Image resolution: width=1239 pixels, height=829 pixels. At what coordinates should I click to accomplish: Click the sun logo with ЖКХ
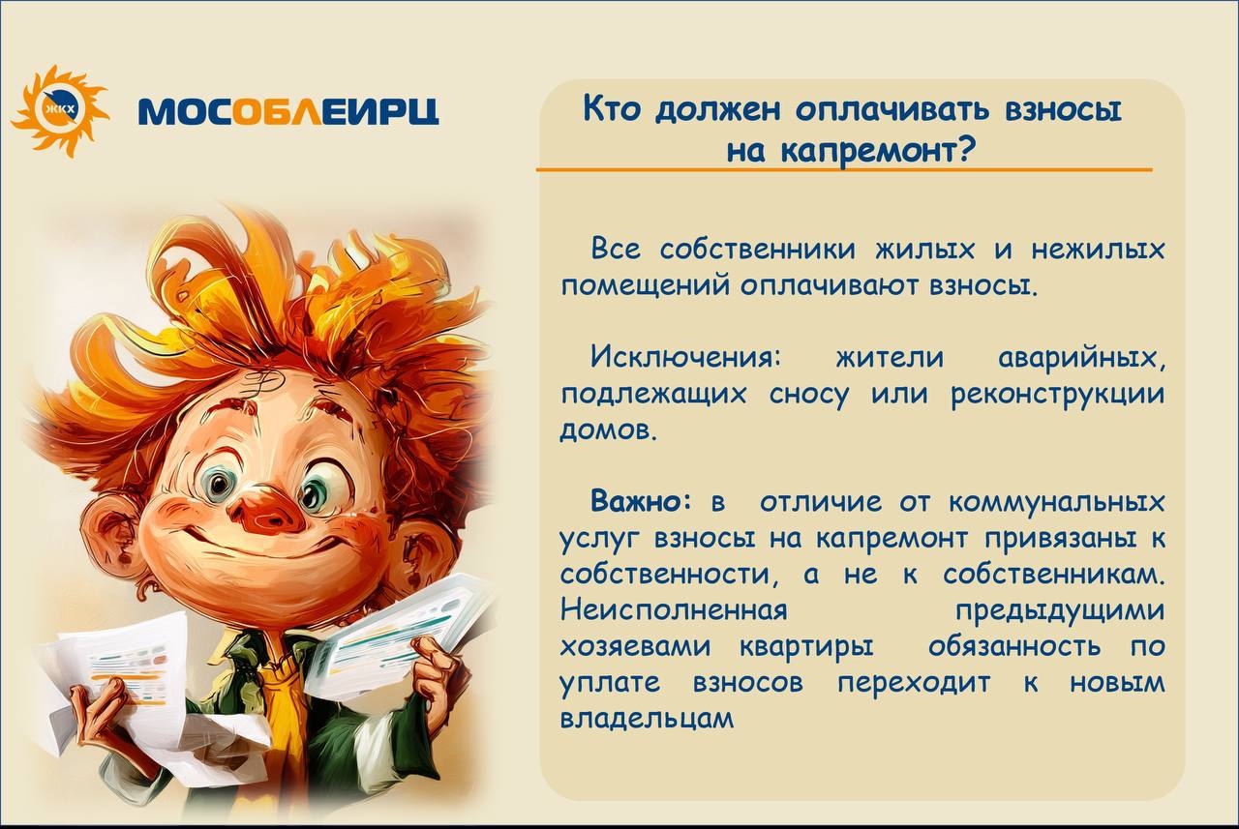click(x=60, y=111)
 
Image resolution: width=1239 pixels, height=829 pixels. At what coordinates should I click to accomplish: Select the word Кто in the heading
click(x=614, y=109)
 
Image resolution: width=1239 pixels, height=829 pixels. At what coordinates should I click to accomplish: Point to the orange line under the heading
click(x=844, y=169)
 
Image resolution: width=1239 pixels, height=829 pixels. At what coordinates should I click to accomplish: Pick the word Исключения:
click(x=686, y=358)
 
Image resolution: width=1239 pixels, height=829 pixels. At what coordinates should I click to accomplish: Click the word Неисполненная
click(x=673, y=610)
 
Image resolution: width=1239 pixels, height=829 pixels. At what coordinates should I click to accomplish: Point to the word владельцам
click(x=647, y=720)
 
